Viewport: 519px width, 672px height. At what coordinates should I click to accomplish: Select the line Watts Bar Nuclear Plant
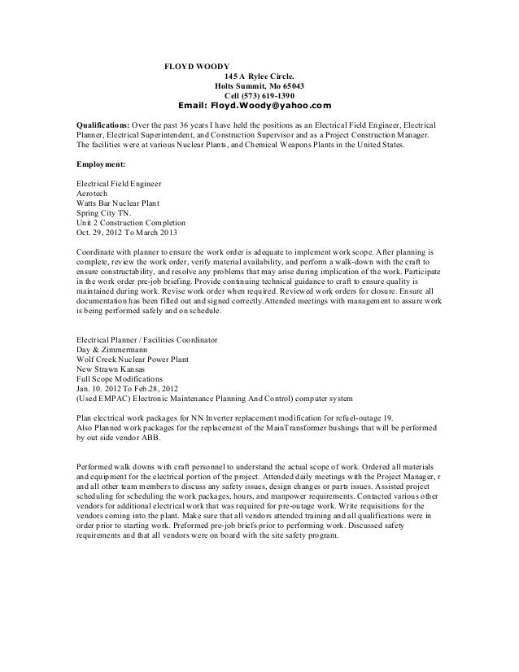tap(118, 203)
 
